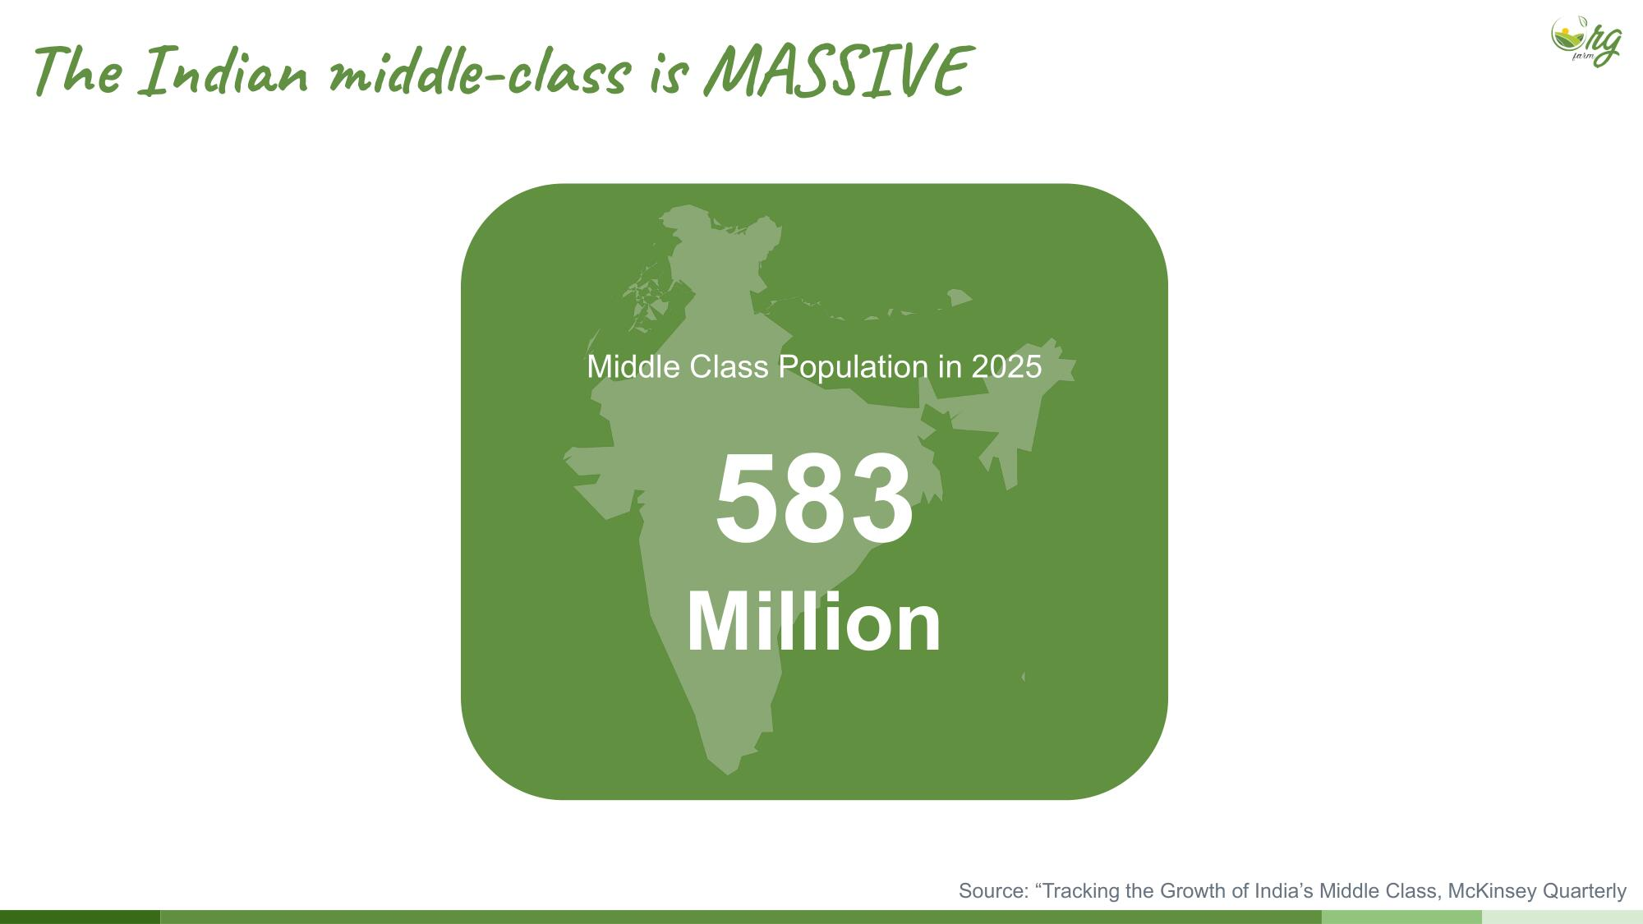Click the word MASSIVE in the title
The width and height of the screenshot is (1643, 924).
838,71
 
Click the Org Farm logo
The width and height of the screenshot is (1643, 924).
1586,40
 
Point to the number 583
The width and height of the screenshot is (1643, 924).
814,499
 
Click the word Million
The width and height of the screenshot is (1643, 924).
814,622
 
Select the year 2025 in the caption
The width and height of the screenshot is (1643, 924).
1006,366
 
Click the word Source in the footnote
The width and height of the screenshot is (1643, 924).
993,891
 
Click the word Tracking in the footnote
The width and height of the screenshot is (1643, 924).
1079,892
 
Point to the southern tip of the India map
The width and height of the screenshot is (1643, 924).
728,774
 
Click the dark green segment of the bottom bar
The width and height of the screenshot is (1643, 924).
80,917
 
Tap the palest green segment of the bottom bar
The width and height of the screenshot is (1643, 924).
1562,917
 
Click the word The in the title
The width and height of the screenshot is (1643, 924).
77,71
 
